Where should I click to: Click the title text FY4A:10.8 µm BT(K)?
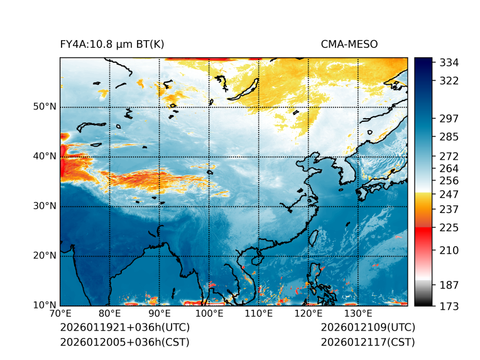112,45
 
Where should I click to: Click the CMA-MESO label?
349,45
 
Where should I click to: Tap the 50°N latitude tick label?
45,107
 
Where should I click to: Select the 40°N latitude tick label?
45,156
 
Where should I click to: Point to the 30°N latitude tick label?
45,206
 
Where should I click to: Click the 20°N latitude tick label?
45,256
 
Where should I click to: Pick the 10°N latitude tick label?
45,305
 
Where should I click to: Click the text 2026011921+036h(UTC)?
124,328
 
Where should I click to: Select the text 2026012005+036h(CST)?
124,342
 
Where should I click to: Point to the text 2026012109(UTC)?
368,328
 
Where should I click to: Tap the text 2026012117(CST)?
368,342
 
